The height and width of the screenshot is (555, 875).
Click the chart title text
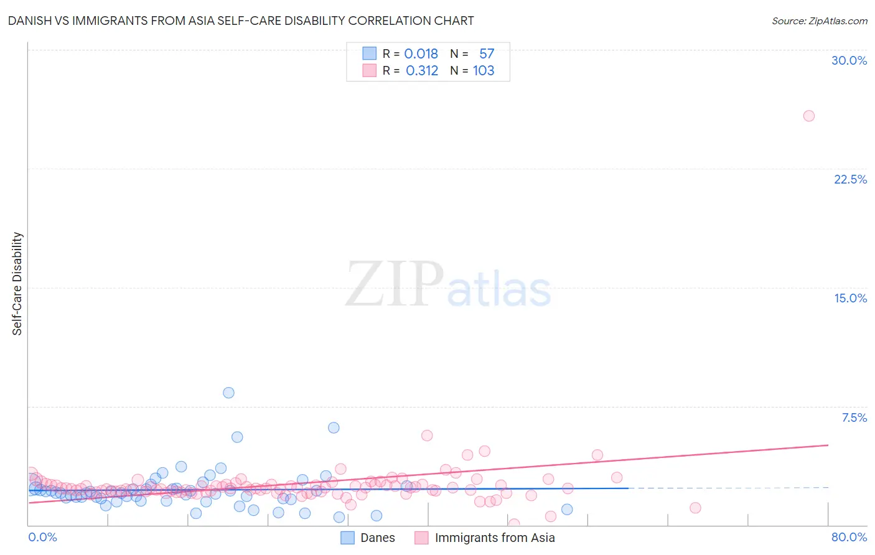(x=240, y=21)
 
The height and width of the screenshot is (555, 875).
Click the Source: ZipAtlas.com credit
(x=819, y=21)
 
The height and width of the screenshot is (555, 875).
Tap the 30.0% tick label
(x=849, y=60)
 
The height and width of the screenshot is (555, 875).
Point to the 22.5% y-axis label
(x=850, y=179)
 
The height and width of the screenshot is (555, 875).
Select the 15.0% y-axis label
(x=850, y=298)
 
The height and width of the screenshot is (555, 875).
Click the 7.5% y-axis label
(x=854, y=417)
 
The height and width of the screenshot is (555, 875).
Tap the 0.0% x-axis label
(x=42, y=537)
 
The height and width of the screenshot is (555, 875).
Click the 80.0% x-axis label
(x=849, y=537)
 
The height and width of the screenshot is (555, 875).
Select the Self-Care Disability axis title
(x=17, y=284)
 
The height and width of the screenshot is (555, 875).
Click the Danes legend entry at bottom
(x=377, y=538)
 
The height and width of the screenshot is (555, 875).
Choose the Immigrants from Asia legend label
(x=494, y=538)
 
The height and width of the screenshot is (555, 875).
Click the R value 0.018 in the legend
(x=421, y=54)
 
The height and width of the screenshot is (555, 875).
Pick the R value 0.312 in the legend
(x=421, y=71)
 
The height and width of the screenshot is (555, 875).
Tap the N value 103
(x=484, y=71)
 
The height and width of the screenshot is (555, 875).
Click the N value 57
(x=487, y=54)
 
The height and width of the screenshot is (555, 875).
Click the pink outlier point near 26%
(x=808, y=116)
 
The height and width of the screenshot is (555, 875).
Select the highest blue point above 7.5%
(x=228, y=393)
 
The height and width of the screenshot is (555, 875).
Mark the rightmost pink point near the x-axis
(x=695, y=508)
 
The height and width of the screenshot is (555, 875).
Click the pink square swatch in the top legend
(x=370, y=71)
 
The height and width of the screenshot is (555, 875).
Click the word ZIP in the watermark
(x=394, y=285)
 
